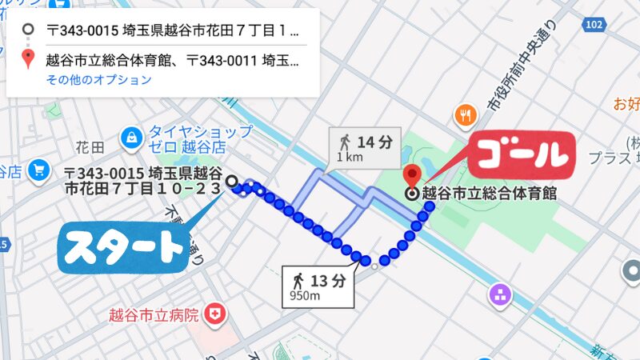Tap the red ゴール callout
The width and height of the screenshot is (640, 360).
coord(521,153)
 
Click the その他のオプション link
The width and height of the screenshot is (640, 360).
coord(98,80)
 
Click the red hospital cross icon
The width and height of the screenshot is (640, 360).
coord(214,314)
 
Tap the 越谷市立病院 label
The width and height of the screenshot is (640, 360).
coord(154,314)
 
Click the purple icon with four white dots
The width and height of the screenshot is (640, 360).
coord(502,293)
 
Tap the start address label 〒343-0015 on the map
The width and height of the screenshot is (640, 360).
coord(143,181)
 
